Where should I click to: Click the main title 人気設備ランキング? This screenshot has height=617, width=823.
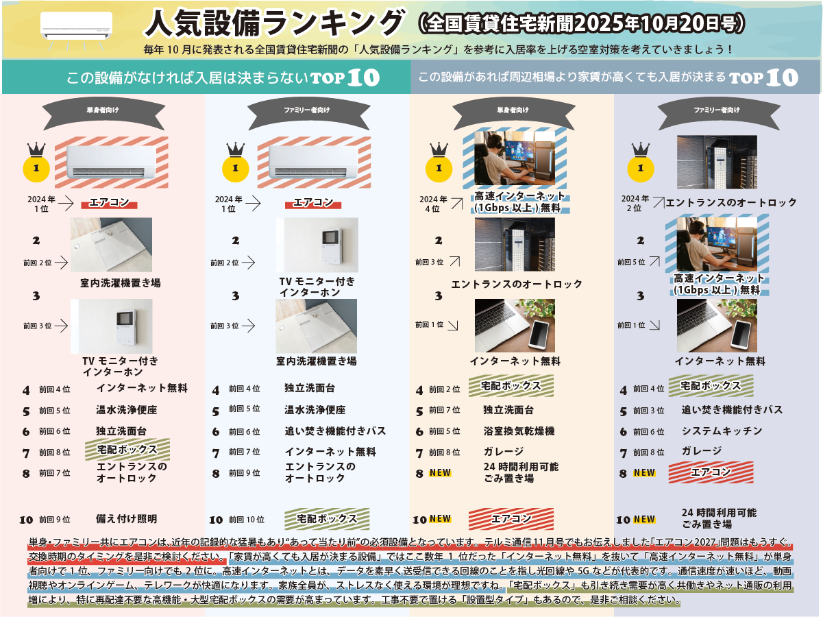pyautogui.click(x=275, y=23)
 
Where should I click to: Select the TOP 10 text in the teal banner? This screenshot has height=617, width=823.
pyautogui.click(x=345, y=77)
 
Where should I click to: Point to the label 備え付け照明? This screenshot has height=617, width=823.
pyautogui.click(x=126, y=519)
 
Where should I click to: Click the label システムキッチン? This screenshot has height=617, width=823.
pyautogui.click(x=722, y=431)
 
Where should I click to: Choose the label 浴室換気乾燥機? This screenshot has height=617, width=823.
pyautogui.click(x=519, y=431)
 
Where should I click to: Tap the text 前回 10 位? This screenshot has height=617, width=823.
pyautogui.click(x=246, y=520)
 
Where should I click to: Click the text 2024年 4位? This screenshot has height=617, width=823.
pyautogui.click(x=433, y=204)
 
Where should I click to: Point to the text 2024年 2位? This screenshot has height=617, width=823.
pyautogui.click(x=635, y=204)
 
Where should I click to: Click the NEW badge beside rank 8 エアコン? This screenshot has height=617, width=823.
pyautogui.click(x=644, y=472)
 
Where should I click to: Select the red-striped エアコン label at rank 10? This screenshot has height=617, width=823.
pyautogui.click(x=511, y=519)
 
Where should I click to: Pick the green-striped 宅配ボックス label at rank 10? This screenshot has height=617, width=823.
pyautogui.click(x=327, y=519)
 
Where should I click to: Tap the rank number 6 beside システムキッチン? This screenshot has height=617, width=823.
pyautogui.click(x=623, y=432)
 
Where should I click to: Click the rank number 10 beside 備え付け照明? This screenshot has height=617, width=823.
pyautogui.click(x=26, y=520)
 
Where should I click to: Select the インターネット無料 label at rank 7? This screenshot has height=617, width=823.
pyautogui.click(x=330, y=452)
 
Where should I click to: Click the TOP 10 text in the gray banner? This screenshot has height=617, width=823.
pyautogui.click(x=763, y=77)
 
